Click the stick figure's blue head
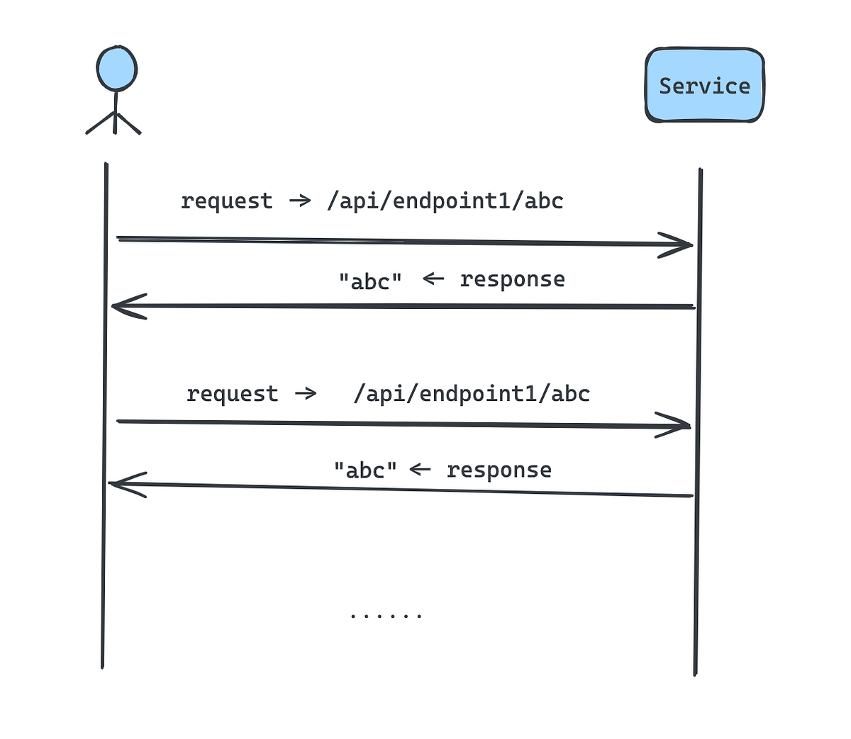[117, 69]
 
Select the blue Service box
[704, 85]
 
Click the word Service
[704, 86]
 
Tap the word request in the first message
[226, 201]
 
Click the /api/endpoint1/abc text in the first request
[445, 201]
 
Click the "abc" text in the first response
[370, 281]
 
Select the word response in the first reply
[512, 279]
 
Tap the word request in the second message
[232, 394]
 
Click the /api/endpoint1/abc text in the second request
[472, 394]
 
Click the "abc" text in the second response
[365, 470]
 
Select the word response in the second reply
[499, 470]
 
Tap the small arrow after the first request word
[300, 201]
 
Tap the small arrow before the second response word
[420, 468]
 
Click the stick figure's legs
[114, 123]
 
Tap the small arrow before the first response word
[433, 278]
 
